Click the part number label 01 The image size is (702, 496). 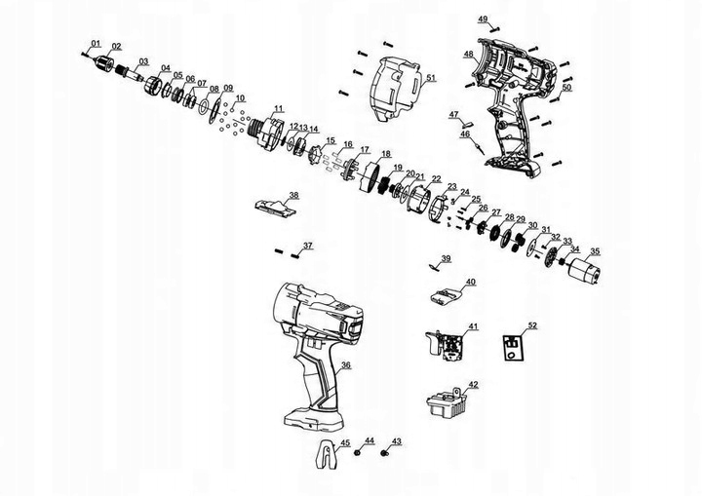[x=96, y=44]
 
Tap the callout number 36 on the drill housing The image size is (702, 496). [x=345, y=365]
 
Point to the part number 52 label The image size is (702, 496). [x=532, y=324]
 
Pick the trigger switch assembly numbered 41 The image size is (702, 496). [x=448, y=345]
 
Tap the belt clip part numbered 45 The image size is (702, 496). [x=331, y=455]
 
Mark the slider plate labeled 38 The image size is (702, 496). [x=274, y=206]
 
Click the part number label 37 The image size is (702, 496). [x=308, y=245]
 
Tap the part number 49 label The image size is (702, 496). [x=483, y=19]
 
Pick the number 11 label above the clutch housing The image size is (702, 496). [x=279, y=107]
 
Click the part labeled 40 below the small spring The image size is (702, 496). [x=446, y=295]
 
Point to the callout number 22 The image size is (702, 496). [x=437, y=178]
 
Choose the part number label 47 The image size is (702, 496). [x=453, y=115]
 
